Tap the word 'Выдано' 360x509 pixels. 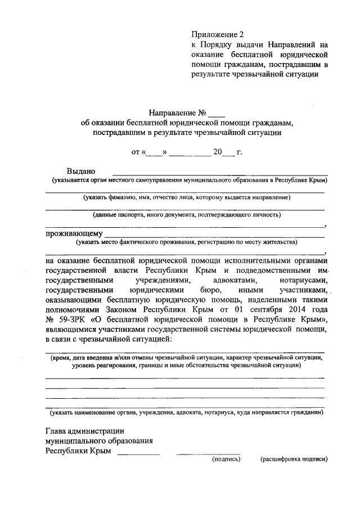tap(81, 171)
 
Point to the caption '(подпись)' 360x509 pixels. tap(226, 460)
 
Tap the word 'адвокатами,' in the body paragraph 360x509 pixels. tap(232, 280)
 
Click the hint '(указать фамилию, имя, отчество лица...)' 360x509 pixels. tap(186, 198)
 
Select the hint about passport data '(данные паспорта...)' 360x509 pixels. tap(186, 215)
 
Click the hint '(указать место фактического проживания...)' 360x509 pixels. tap(186, 242)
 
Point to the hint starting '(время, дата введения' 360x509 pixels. tap(186, 357)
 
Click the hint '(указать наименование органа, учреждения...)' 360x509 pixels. tap(186, 413)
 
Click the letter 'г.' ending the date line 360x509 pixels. tap(239, 152)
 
